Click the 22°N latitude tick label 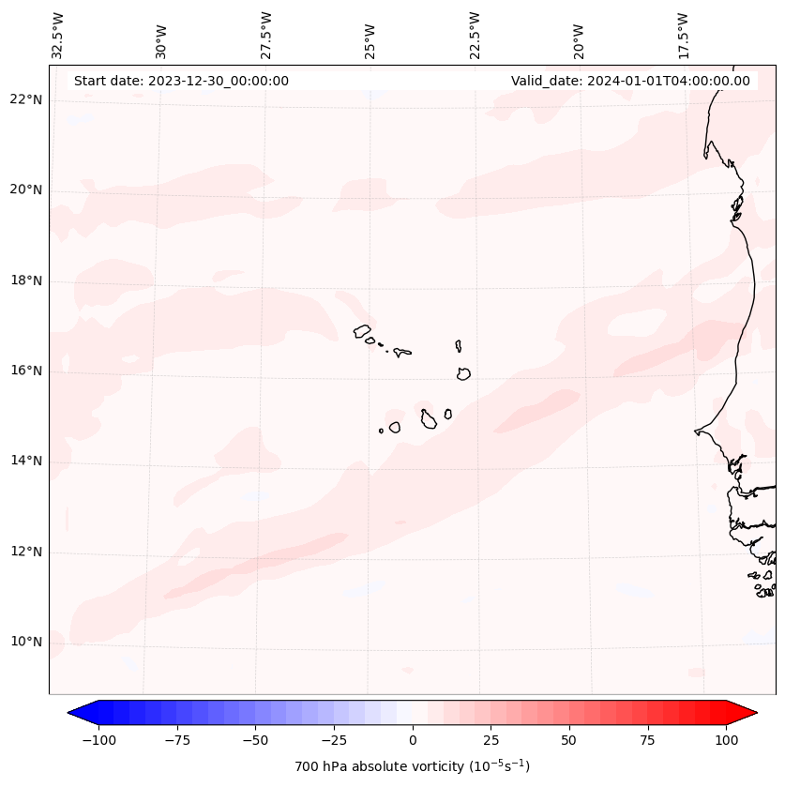[x=26, y=100]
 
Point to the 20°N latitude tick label [x=26, y=190]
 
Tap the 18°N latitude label [x=26, y=280]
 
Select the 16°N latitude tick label [x=26, y=371]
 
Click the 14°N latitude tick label [x=26, y=461]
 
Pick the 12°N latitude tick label [x=26, y=552]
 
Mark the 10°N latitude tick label [x=26, y=642]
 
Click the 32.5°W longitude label [x=57, y=35]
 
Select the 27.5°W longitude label [x=265, y=35]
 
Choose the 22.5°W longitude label [x=474, y=35]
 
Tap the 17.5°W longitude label [x=683, y=35]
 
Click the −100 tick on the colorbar [x=98, y=740]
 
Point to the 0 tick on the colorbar [x=412, y=740]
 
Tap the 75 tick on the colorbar [x=647, y=740]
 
